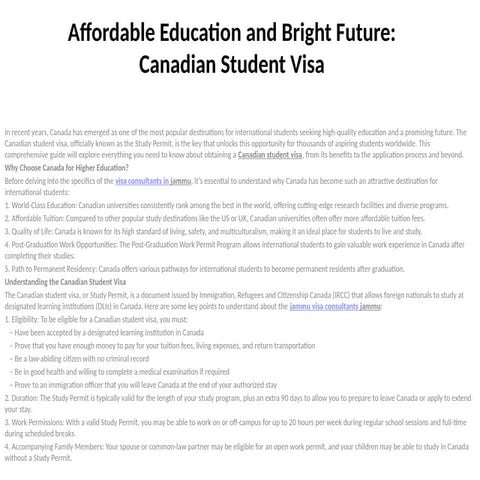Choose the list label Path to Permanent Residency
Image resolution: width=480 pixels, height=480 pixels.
point(56,270)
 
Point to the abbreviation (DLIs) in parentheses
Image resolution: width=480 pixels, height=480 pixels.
point(118,306)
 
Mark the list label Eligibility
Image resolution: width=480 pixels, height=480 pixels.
point(30,318)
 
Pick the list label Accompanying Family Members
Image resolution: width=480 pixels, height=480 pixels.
point(60,449)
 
